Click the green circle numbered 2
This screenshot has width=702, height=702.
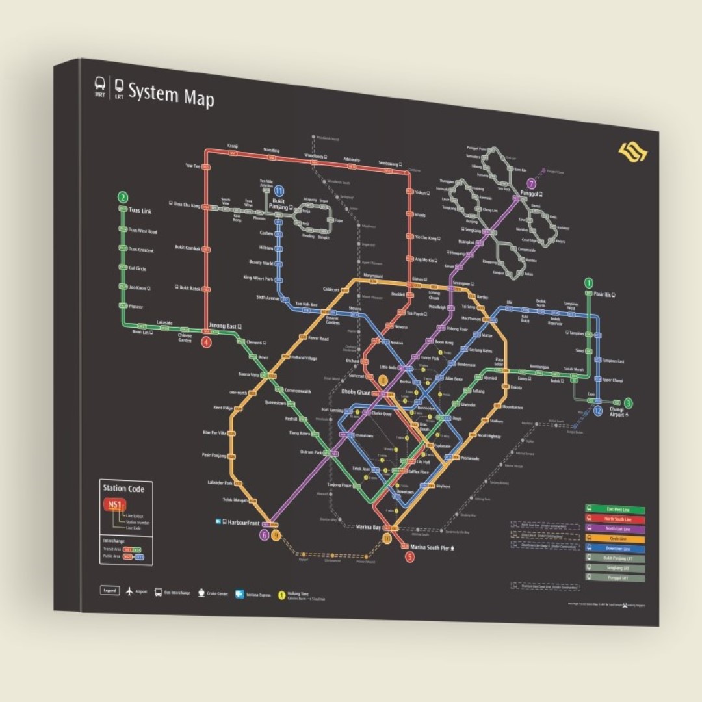click(x=122, y=198)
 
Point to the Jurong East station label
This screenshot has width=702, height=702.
click(x=224, y=326)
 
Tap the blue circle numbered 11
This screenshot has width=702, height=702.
click(x=279, y=190)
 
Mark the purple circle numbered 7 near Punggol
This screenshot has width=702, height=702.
click(x=532, y=184)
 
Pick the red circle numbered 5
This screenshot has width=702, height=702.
click(x=409, y=556)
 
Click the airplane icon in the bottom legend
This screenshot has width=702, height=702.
click(x=130, y=591)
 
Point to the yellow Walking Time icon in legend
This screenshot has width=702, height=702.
click(x=281, y=594)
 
